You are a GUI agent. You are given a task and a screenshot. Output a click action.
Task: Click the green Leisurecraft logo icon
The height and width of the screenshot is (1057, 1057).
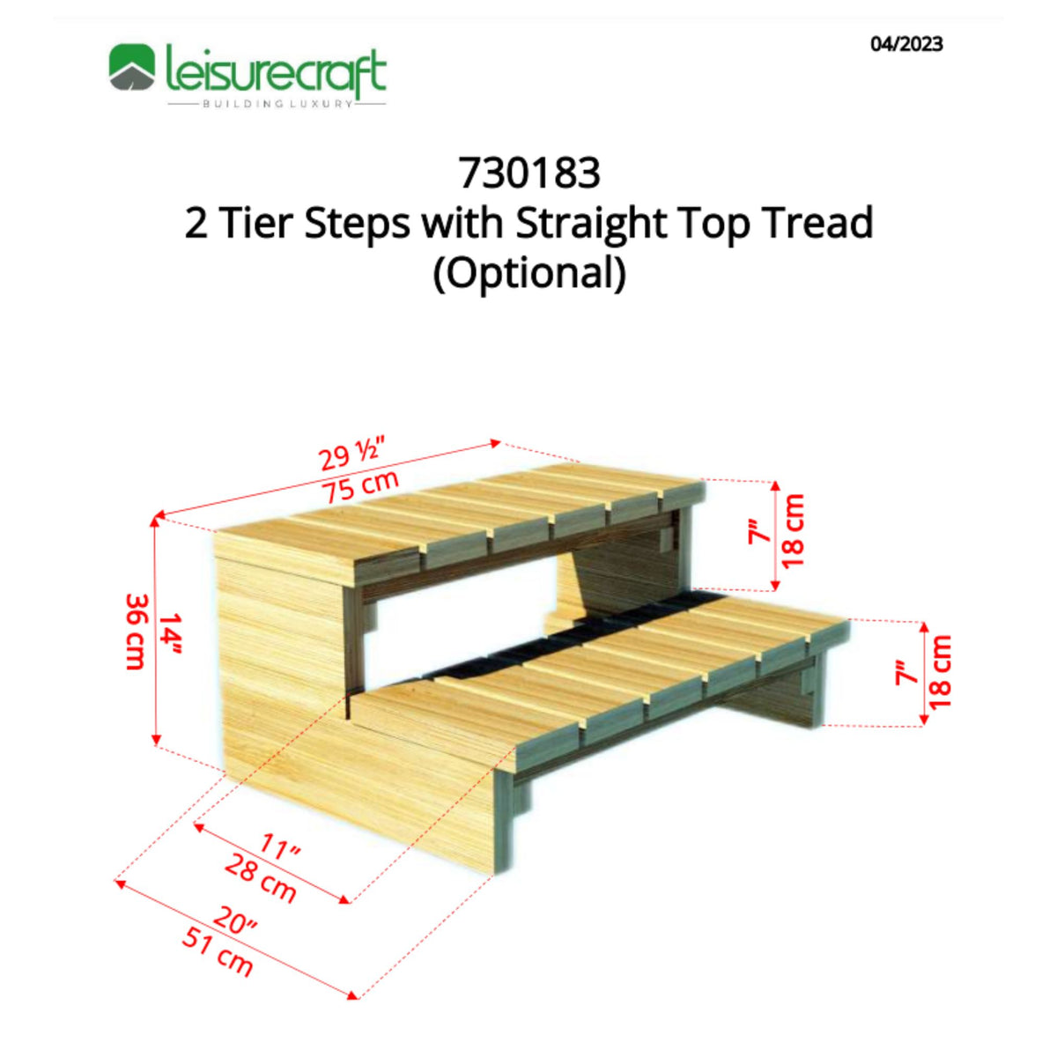pyautogui.click(x=132, y=69)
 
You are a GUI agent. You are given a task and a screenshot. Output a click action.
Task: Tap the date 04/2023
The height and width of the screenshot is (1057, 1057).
pyautogui.click(x=906, y=44)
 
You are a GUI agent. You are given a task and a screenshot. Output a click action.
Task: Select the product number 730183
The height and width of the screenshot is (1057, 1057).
pyautogui.click(x=528, y=173)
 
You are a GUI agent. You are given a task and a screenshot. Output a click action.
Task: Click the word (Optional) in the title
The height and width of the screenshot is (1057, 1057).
pyautogui.click(x=528, y=272)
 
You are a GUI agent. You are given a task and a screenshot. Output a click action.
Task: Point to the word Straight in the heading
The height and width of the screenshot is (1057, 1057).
pyautogui.click(x=590, y=223)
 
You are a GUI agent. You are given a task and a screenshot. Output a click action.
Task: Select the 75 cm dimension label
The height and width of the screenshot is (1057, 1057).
pyautogui.click(x=359, y=486)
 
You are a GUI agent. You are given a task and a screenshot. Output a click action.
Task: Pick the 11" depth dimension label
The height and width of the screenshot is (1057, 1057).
pyautogui.click(x=280, y=849)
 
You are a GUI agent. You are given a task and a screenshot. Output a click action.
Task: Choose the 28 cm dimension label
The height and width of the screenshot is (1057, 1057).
pyautogui.click(x=260, y=878)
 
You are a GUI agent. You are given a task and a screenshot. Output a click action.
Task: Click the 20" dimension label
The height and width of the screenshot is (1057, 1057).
pyautogui.click(x=233, y=921)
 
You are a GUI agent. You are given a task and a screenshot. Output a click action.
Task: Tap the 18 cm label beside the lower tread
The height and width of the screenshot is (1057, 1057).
pyautogui.click(x=941, y=671)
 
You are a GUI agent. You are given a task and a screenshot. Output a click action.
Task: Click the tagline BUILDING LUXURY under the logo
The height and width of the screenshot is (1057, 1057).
pyautogui.click(x=277, y=104)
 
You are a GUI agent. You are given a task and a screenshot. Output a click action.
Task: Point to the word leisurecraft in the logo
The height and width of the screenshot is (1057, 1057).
pyautogui.click(x=275, y=70)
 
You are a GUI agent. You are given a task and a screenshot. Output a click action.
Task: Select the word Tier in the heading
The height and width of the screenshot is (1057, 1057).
pyautogui.click(x=256, y=223)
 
